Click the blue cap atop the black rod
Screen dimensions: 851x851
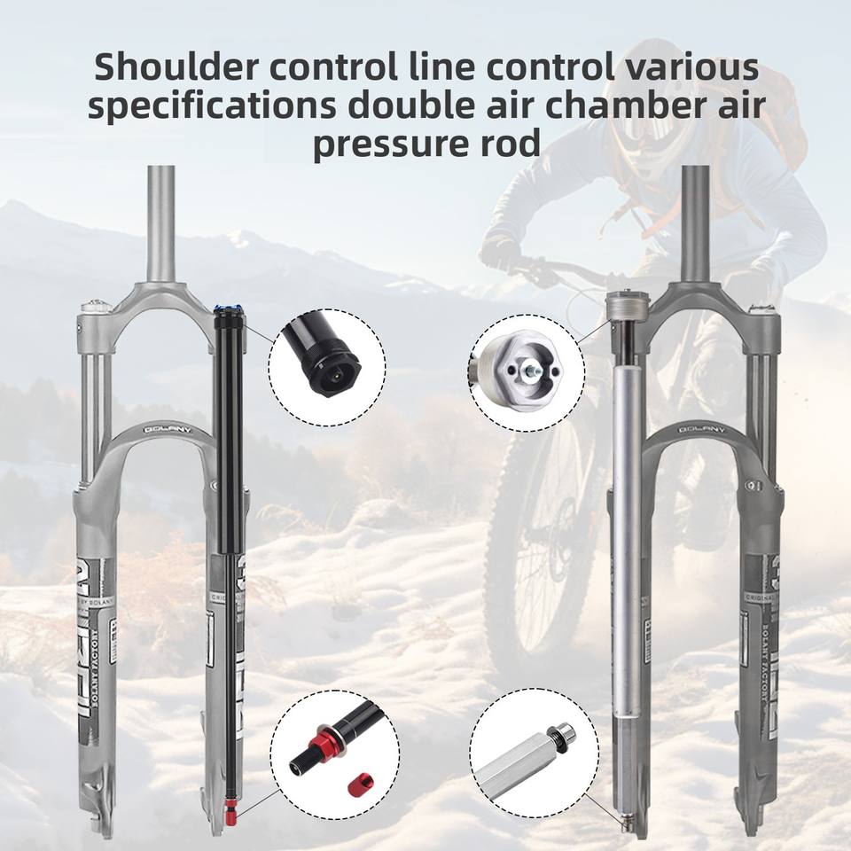[x=228, y=310]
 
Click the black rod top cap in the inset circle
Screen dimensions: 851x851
[x=330, y=361]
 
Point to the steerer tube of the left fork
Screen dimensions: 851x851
[x=161, y=222]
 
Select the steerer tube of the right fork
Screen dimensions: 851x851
[x=694, y=222]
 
